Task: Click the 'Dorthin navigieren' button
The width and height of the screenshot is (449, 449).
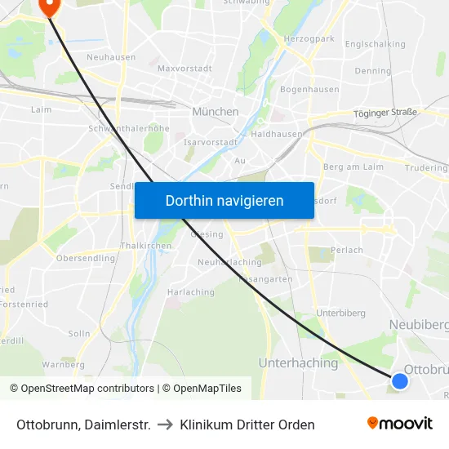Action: pos(224,200)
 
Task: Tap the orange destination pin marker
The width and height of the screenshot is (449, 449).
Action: pos(49,7)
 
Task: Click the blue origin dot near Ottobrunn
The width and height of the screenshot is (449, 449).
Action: pos(399,380)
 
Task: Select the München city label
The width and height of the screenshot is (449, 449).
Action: pos(216,111)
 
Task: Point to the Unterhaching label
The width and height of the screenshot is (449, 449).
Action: pos(298,362)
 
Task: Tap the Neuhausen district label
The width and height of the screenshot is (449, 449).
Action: pos(111,57)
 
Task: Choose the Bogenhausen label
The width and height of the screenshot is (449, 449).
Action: pos(309,88)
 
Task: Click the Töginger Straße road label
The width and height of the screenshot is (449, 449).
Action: pos(386,113)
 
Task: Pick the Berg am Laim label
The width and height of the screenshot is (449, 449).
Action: pos(353,166)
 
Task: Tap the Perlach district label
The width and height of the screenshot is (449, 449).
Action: pos(349,250)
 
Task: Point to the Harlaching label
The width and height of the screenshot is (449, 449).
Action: pos(190,291)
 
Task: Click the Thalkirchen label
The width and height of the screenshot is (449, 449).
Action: pos(145,245)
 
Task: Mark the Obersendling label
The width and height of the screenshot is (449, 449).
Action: pos(86,258)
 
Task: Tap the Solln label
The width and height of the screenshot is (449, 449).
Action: pos(79,333)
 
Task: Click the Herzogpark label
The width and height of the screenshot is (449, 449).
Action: pos(309,38)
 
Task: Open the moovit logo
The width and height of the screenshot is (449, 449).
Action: pos(400,424)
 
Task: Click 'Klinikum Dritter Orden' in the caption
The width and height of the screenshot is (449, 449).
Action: pos(247,425)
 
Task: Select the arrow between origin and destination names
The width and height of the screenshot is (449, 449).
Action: pos(165,425)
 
